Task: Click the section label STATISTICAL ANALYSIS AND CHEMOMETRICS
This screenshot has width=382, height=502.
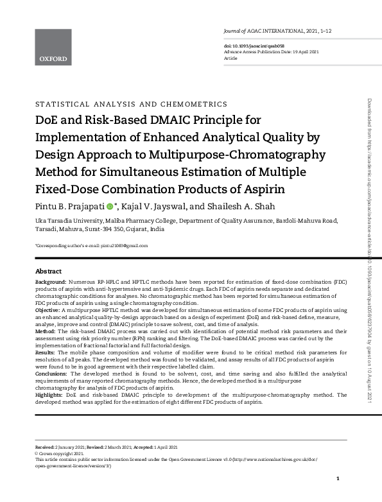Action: (131, 103)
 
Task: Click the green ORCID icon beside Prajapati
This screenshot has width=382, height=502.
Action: (109, 207)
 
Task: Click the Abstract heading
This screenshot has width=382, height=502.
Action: (48, 271)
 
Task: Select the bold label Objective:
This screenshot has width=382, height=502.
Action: (48, 310)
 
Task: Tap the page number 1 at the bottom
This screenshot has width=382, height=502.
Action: (338, 480)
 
